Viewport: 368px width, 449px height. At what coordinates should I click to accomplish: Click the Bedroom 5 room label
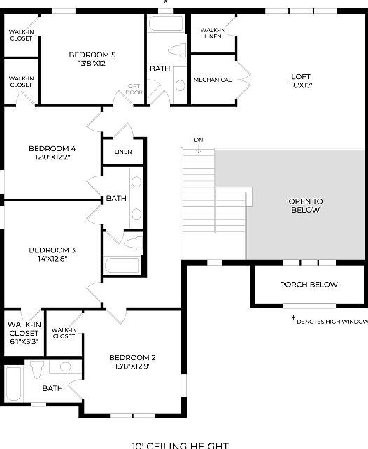coord(92,59)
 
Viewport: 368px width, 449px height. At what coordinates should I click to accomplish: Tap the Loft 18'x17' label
coord(301,81)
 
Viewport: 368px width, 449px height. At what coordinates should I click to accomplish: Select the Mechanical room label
coord(213,80)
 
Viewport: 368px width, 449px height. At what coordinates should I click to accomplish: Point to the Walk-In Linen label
coord(212,33)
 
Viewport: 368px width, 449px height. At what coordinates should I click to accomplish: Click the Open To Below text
coord(304,206)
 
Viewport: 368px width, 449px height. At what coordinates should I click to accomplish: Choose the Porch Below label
coord(309,285)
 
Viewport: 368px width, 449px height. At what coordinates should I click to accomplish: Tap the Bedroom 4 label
coord(52,152)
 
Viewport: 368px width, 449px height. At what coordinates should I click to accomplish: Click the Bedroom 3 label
coord(52,254)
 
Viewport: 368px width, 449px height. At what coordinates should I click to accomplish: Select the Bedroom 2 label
coord(132,362)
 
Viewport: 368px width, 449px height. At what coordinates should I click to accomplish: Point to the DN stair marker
coord(199,141)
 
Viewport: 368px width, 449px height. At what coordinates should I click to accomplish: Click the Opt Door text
coord(134,89)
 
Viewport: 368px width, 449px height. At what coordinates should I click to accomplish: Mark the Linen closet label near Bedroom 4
coord(122,152)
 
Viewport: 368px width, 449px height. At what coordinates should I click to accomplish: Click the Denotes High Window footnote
coord(330,321)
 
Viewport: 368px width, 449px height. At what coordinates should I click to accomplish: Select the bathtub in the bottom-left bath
coord(13,385)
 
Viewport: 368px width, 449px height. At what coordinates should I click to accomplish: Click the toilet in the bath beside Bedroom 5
coord(179,84)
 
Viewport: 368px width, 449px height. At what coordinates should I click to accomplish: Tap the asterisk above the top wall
coord(166,3)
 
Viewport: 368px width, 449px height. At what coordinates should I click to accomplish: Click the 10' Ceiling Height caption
coord(179,444)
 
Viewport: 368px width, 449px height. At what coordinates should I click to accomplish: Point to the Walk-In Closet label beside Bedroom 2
coord(64,333)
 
